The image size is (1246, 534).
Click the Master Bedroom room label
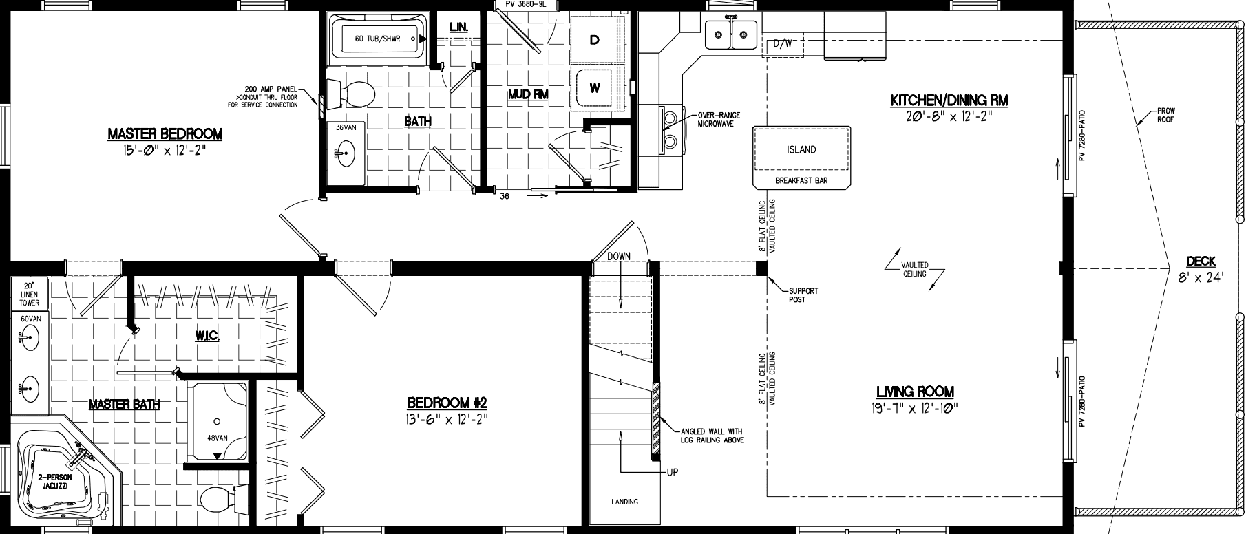click(165, 133)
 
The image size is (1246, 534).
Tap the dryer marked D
click(594, 40)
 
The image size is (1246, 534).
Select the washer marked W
click(594, 87)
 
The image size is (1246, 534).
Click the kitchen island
click(801, 149)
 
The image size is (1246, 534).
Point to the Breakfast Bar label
click(801, 181)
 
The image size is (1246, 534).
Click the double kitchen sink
click(731, 34)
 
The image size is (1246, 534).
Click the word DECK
click(1201, 261)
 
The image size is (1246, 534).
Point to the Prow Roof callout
click(1165, 114)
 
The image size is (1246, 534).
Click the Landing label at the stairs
click(624, 502)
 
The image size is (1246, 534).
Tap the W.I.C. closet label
click(206, 335)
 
